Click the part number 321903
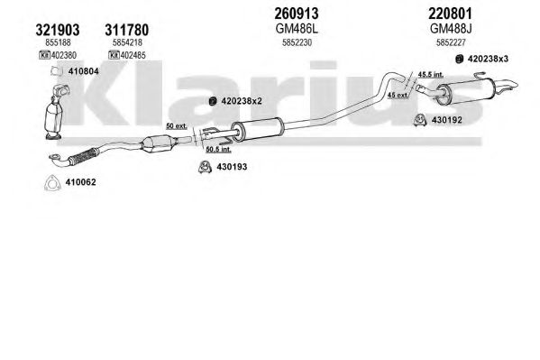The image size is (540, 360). tap(58, 30)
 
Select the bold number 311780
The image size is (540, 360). tap(127, 30)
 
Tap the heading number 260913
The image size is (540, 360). tap(297, 14)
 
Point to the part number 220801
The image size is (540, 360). tap(450, 14)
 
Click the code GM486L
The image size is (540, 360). tap(297, 29)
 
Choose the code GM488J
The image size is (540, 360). tap(451, 29)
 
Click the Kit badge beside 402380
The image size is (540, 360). tap(45, 55)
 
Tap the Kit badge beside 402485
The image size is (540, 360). tap(114, 55)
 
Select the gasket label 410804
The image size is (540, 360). tap(83, 71)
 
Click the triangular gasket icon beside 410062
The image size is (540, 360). tap(52, 183)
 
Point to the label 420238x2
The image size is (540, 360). tap(242, 101)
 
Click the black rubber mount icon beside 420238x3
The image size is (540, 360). tap(459, 59)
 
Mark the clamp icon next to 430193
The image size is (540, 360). tap(205, 167)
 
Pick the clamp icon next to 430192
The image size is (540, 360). tap(420, 120)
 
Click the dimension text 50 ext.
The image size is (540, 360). tap(177, 125)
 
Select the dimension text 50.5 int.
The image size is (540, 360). tap(218, 149)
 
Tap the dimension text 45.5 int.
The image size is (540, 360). tap(431, 74)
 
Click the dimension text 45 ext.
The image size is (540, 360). tap(398, 95)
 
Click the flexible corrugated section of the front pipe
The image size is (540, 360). tap(83, 156)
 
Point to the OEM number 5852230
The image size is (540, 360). tap(297, 42)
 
